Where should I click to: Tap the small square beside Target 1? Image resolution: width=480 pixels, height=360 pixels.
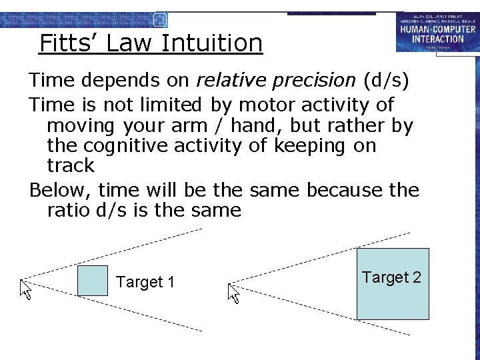[92, 281]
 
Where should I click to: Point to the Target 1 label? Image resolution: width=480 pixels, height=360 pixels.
[145, 283]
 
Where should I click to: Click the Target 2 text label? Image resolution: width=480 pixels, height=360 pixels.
[391, 277]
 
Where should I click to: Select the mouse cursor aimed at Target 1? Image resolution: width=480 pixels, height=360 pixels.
[26, 289]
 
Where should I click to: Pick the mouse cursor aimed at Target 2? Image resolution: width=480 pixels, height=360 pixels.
[234, 293]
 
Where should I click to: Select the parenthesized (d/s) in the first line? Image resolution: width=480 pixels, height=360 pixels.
[387, 81]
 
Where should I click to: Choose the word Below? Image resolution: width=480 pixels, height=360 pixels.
[60, 190]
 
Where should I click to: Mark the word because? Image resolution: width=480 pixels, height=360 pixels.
[345, 190]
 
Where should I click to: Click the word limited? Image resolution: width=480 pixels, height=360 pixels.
[168, 105]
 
